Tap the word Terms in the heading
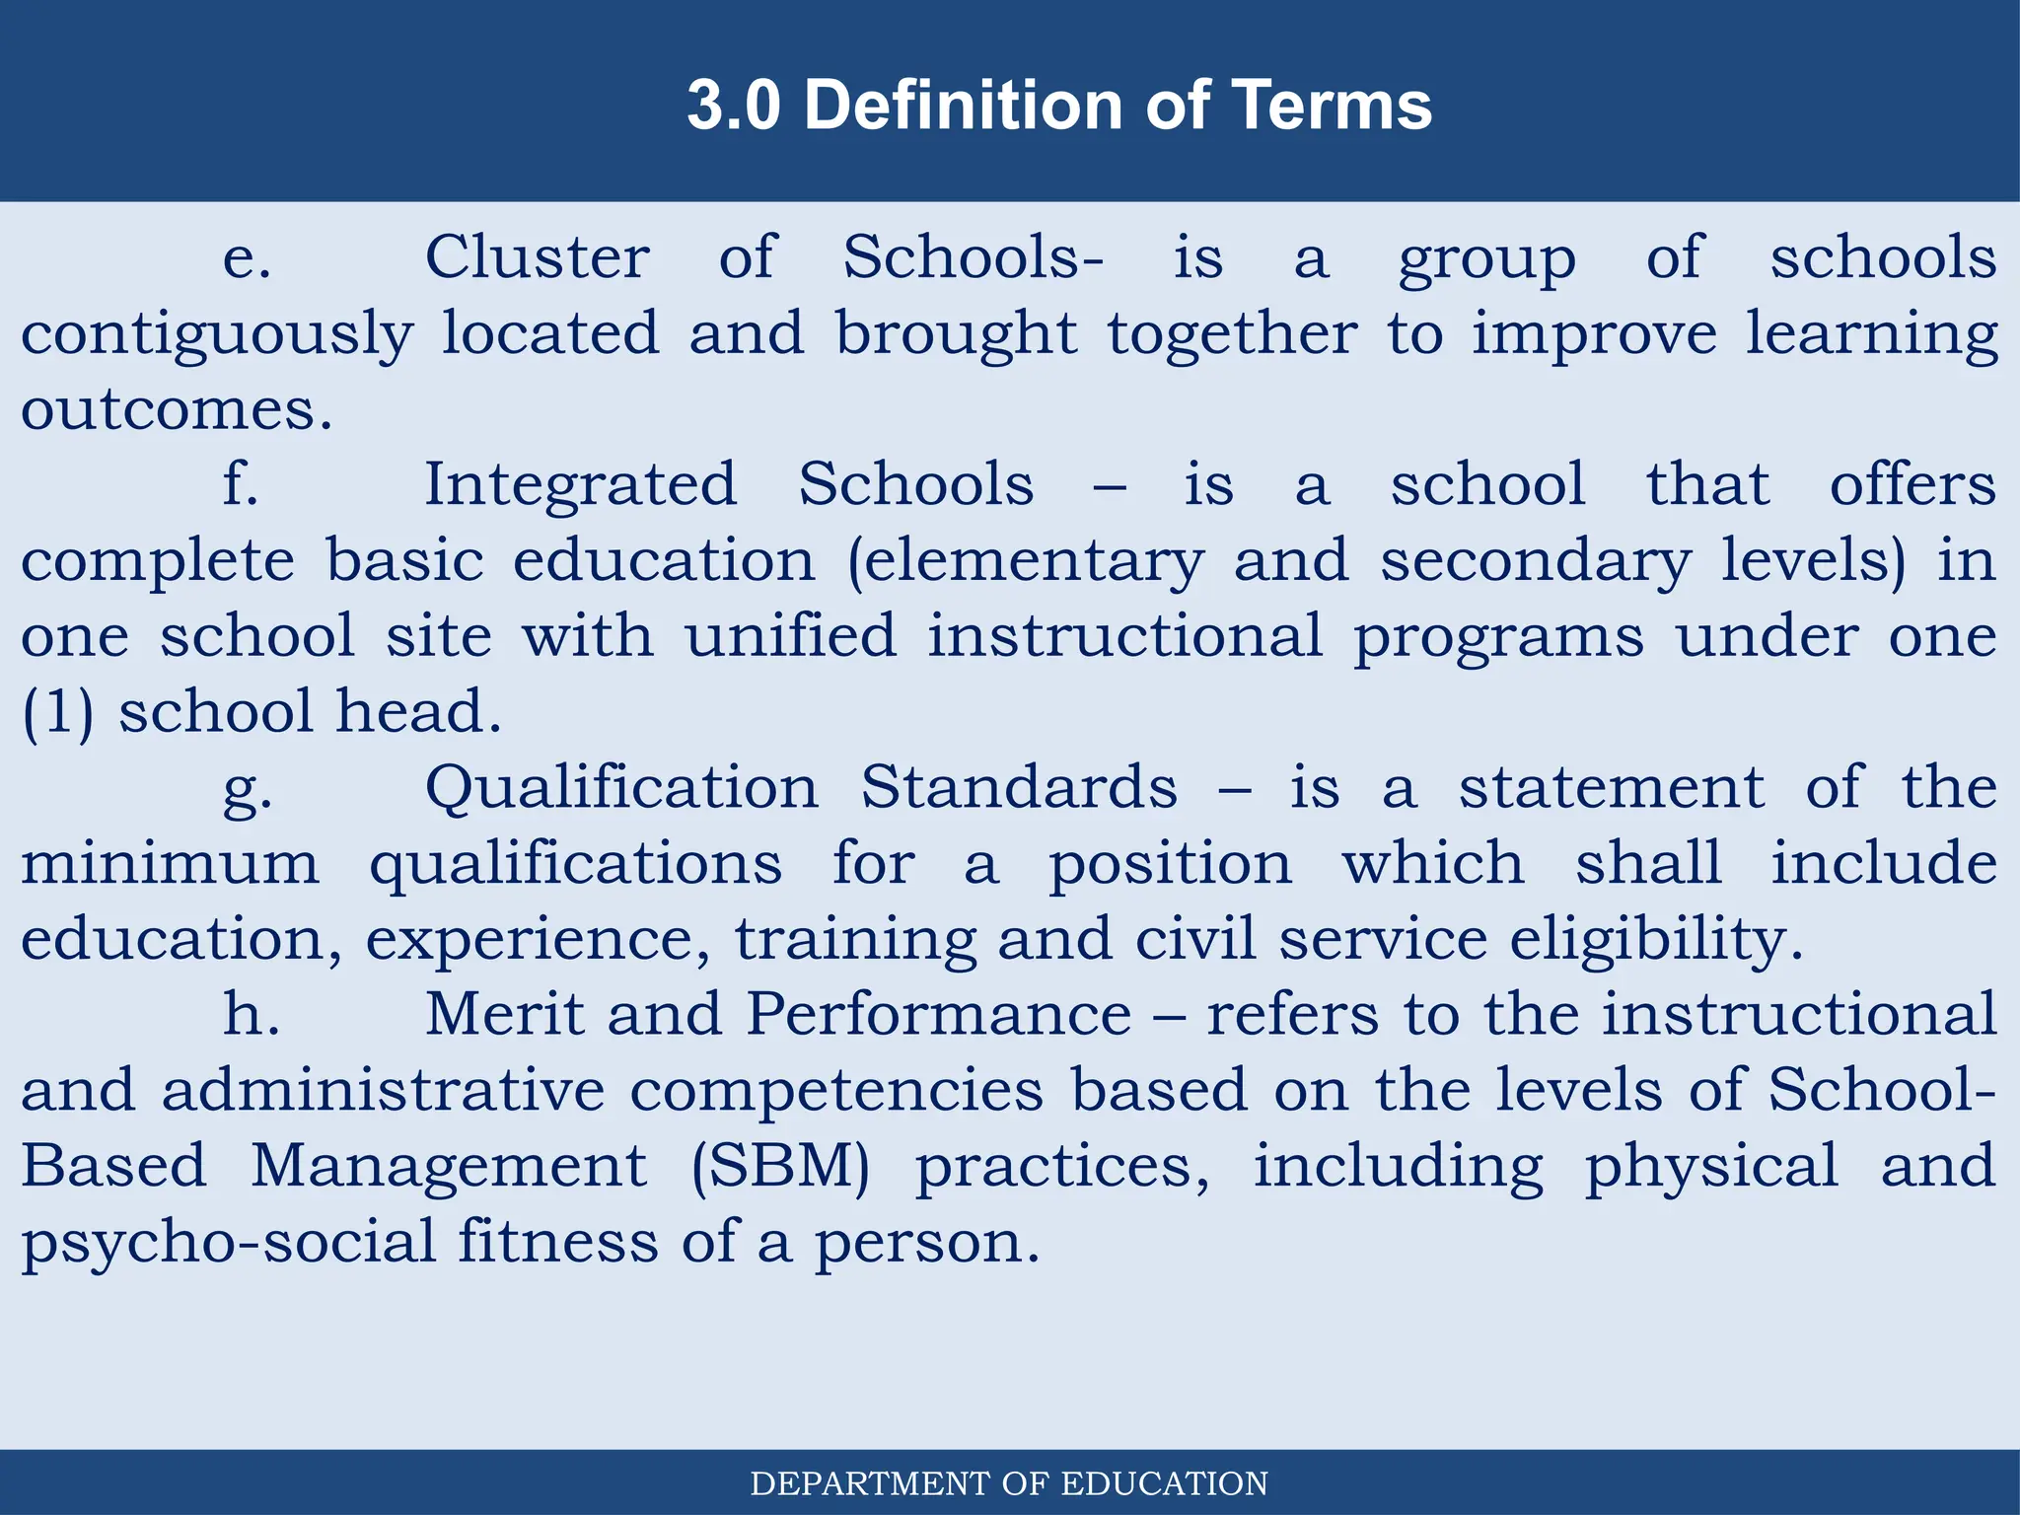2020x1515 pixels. [x=1332, y=105]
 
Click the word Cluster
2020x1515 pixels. [x=538, y=258]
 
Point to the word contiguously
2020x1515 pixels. [x=217, y=335]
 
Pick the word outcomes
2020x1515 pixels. [x=177, y=410]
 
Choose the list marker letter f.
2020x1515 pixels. [x=241, y=485]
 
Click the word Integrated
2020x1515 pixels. [x=580, y=485]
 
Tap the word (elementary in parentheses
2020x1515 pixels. [x=1026, y=562]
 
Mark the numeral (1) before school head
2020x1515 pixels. [x=58, y=712]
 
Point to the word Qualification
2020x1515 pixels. [x=621, y=789]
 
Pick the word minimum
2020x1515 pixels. [x=171, y=864]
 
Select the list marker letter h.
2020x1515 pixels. [x=251, y=1014]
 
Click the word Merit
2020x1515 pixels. [x=504, y=1014]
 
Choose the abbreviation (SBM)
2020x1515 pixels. [x=780, y=1167]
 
